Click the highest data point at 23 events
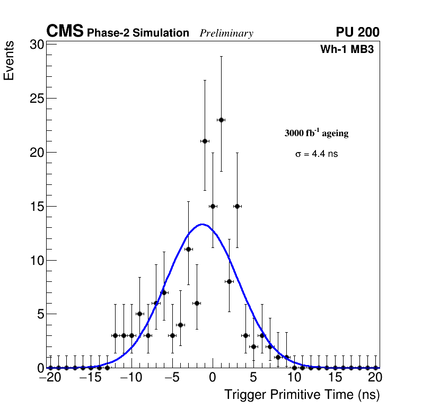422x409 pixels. [221, 120]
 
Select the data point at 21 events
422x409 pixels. [205, 141]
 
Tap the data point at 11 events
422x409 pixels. [188, 249]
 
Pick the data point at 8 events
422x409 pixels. [229, 281]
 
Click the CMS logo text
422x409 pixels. [65, 32]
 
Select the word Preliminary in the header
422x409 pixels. [226, 33]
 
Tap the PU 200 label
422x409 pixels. [357, 32]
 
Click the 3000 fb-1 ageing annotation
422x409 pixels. [316, 133]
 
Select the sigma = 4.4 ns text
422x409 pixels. [316, 154]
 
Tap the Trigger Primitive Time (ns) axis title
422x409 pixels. [302, 395]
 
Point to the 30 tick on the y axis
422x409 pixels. [37, 45]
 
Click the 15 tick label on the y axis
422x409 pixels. [37, 206]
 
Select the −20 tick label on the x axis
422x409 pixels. [50, 378]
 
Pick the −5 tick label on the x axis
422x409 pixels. [172, 378]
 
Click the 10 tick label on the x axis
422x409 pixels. [294, 378]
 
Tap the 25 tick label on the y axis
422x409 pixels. [37, 99]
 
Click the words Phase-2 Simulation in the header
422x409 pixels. [138, 33]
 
